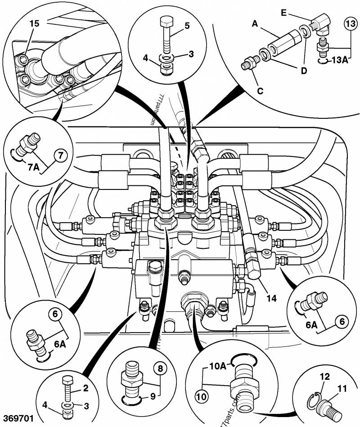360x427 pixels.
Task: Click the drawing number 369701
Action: (18, 418)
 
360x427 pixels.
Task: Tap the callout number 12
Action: (325, 376)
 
